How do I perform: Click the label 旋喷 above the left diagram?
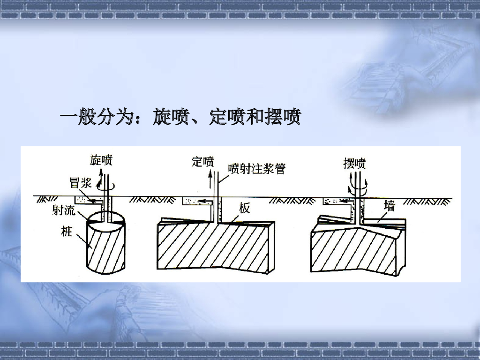101,161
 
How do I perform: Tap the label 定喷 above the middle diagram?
203,162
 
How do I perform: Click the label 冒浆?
81,183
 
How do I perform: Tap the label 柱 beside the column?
67,231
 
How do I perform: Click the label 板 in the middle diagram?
245,208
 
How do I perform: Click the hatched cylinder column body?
107,248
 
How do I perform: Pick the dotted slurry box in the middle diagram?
190,201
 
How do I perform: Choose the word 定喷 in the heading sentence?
227,117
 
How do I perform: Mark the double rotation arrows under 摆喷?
359,189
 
